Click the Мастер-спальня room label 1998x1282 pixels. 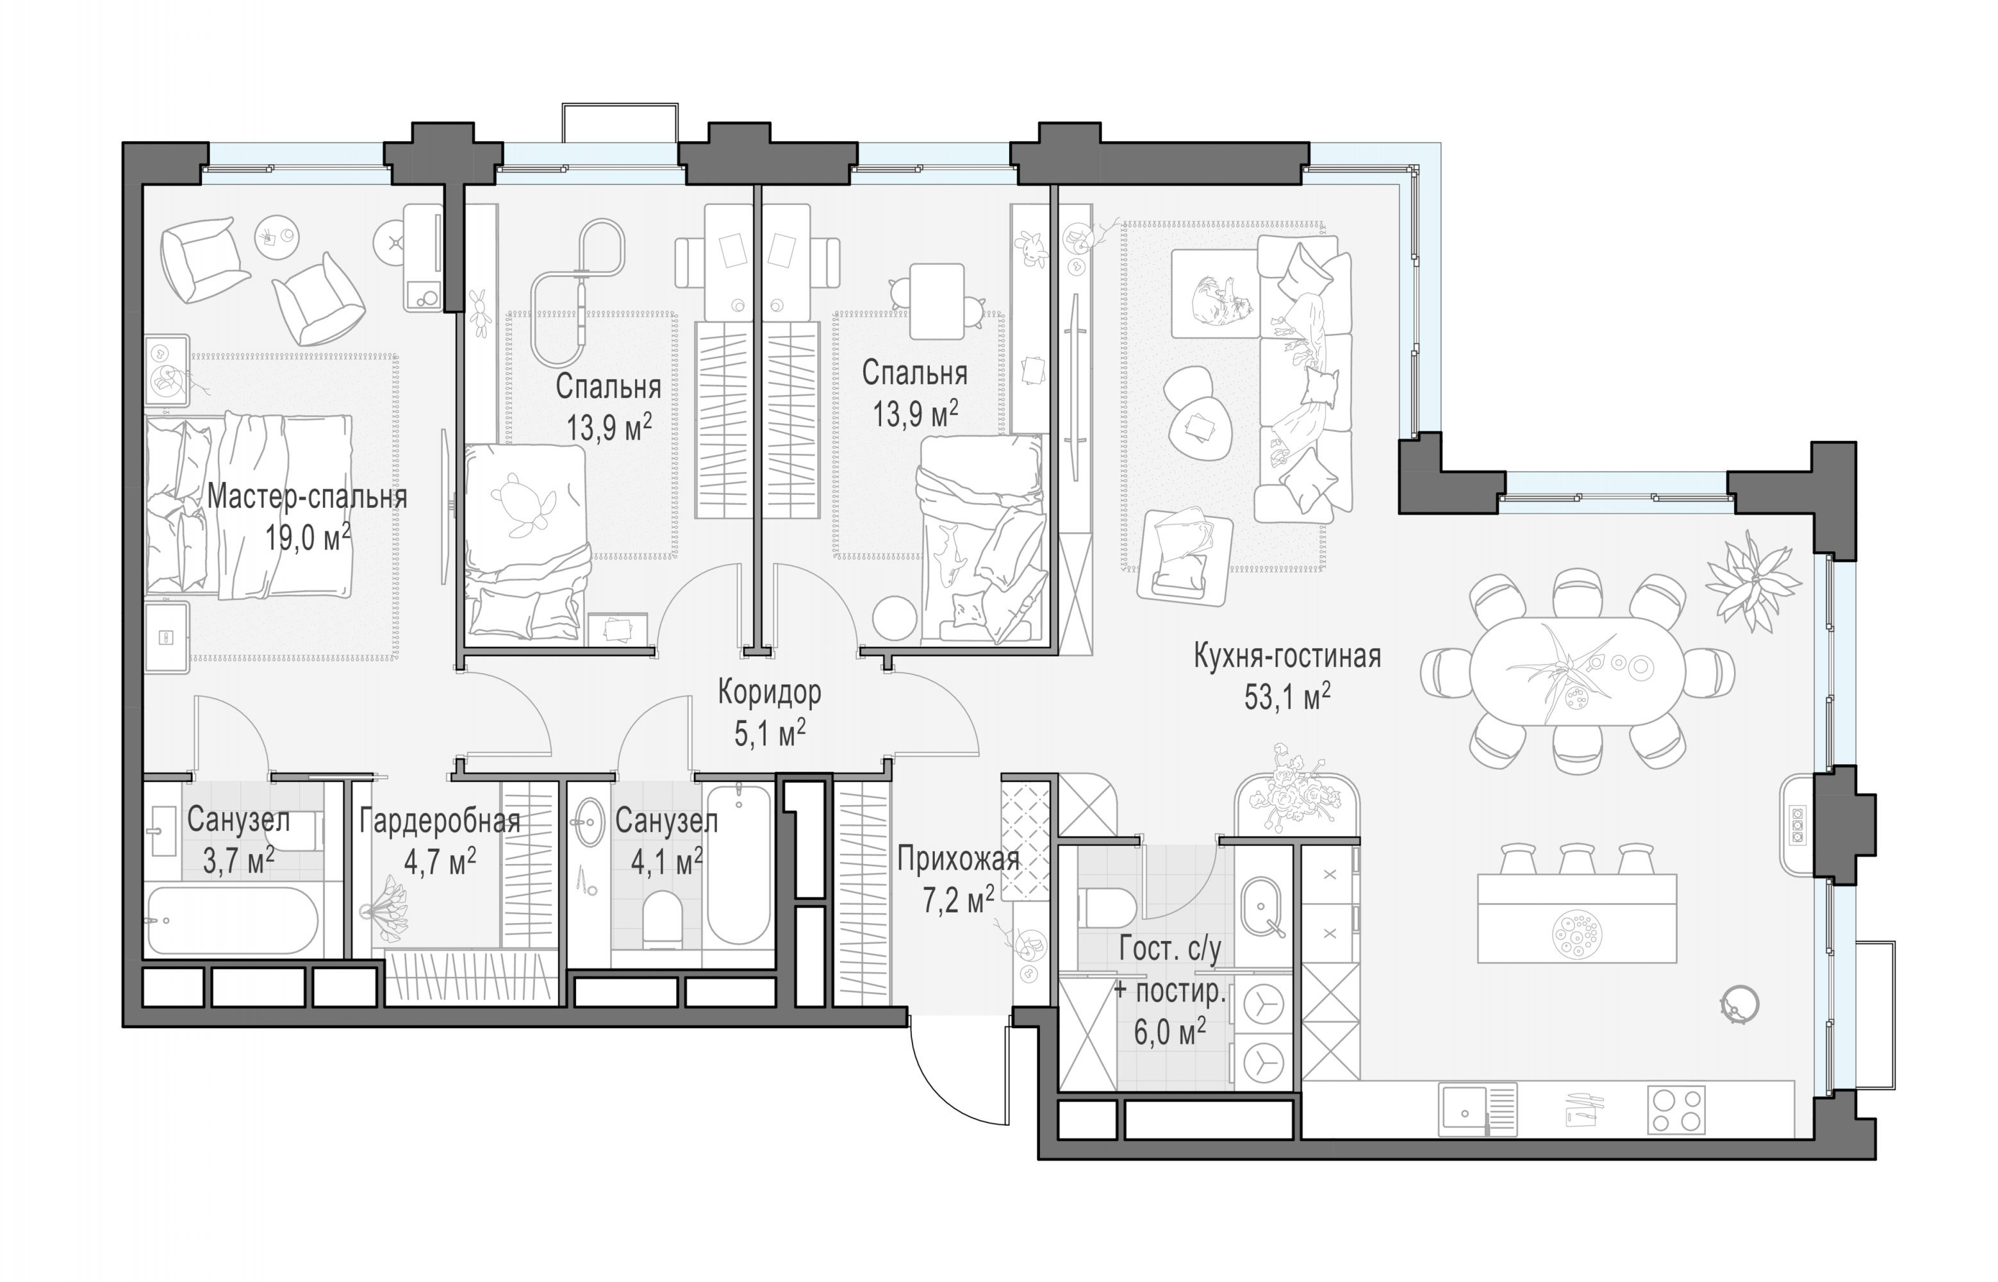307,497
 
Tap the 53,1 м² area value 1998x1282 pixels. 1287,697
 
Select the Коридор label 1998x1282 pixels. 769,692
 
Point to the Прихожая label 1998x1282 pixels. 959,858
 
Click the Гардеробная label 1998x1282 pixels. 440,822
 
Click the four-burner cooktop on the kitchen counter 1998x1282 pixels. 1676,1110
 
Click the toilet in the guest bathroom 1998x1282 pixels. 1107,906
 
